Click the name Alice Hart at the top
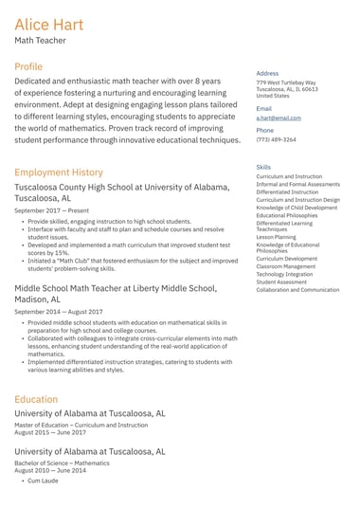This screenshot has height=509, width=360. [x=48, y=24]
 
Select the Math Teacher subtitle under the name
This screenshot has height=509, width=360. [x=40, y=42]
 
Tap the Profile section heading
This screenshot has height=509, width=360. [x=28, y=67]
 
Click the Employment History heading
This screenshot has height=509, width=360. [x=59, y=173]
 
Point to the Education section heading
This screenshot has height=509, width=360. [x=36, y=399]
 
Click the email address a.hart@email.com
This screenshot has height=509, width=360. [x=278, y=118]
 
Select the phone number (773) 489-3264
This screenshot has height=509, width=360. [x=276, y=139]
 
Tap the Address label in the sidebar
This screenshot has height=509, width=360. [x=267, y=73]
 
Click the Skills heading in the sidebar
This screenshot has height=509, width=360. [x=263, y=167]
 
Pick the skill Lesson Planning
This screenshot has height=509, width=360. [x=276, y=237]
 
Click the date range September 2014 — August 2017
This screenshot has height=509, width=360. [x=59, y=311]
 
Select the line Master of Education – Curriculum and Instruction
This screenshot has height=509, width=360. [x=81, y=425]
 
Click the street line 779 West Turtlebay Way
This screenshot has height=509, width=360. [x=286, y=82]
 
